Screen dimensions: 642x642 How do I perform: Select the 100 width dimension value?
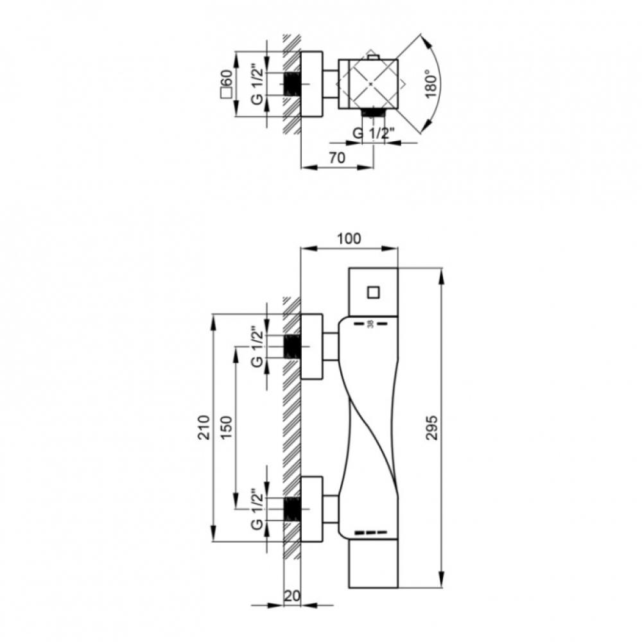(x=349, y=238)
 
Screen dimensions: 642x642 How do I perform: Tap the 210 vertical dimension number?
(x=204, y=428)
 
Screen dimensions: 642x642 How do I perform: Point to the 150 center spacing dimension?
(x=227, y=428)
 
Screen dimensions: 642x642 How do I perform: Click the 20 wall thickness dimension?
(x=292, y=596)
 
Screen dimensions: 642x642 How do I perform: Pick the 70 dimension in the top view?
(x=337, y=157)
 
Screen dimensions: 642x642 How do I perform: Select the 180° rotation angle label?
(x=431, y=84)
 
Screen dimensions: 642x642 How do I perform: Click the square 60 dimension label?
(x=227, y=83)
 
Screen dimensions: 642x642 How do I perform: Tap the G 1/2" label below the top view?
(x=374, y=134)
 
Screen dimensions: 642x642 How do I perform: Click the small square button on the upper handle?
(x=373, y=292)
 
